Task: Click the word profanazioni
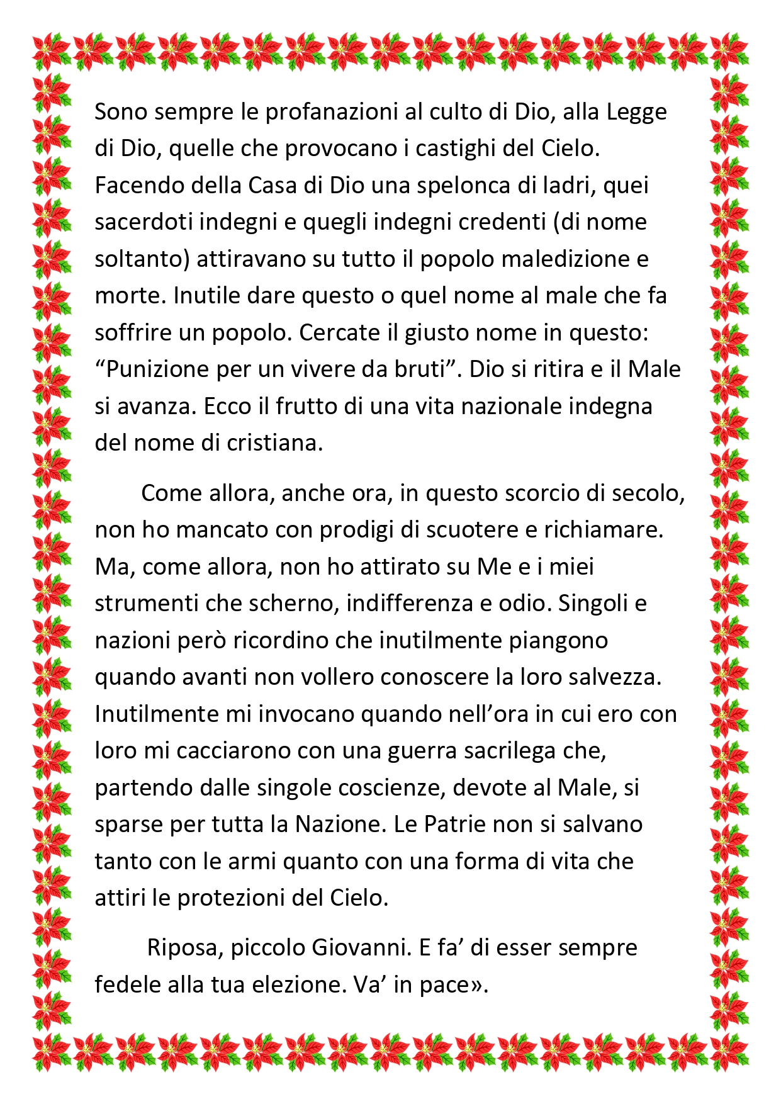pos(331,112)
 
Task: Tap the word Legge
pos(637,112)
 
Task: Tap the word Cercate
pos(339,332)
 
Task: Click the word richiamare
pos(604,530)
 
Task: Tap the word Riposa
pos(181,948)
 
